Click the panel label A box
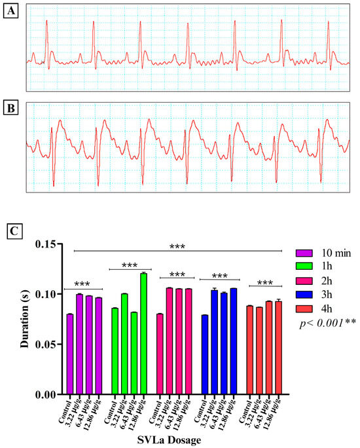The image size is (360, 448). (x=9, y=12)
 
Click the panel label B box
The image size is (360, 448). (x=9, y=106)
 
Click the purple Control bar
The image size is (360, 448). (x=70, y=354)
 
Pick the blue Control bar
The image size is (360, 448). (x=205, y=355)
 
